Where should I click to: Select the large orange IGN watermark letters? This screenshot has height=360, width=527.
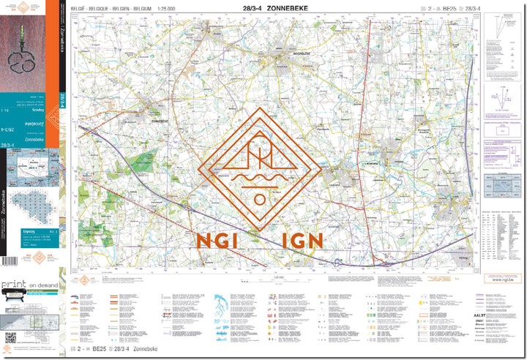(x=301, y=241)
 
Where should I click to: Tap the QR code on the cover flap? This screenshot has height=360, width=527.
(x=10, y=339)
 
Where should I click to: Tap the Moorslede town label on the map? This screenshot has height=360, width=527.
(x=281, y=56)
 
